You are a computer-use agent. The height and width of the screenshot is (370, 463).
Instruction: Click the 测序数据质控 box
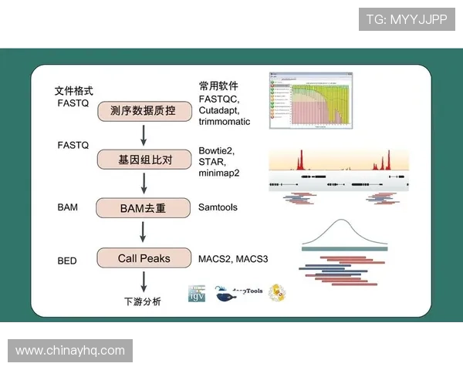click(144, 111)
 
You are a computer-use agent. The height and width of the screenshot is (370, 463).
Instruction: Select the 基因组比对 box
click(144, 160)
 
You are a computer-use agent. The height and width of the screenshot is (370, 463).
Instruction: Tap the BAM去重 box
click(144, 208)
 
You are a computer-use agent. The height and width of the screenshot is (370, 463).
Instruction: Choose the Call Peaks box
click(144, 257)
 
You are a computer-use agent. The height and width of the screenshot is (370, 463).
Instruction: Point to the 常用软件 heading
click(218, 86)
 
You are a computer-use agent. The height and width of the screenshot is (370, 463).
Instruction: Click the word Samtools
click(218, 208)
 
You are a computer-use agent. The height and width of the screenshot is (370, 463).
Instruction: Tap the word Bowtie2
click(216, 150)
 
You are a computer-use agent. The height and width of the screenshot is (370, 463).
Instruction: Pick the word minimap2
click(219, 173)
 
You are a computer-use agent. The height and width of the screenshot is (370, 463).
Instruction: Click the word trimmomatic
click(225, 123)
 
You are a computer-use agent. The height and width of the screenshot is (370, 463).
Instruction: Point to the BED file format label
click(67, 261)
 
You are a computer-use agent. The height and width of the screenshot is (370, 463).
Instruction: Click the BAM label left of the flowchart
click(68, 208)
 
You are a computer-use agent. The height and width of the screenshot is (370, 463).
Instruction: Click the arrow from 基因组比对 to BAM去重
click(144, 184)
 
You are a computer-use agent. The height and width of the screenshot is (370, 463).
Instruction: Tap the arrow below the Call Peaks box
click(144, 280)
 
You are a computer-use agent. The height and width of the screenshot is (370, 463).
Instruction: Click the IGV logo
click(198, 293)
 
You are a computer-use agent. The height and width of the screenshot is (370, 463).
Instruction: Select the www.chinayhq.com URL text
click(70, 351)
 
